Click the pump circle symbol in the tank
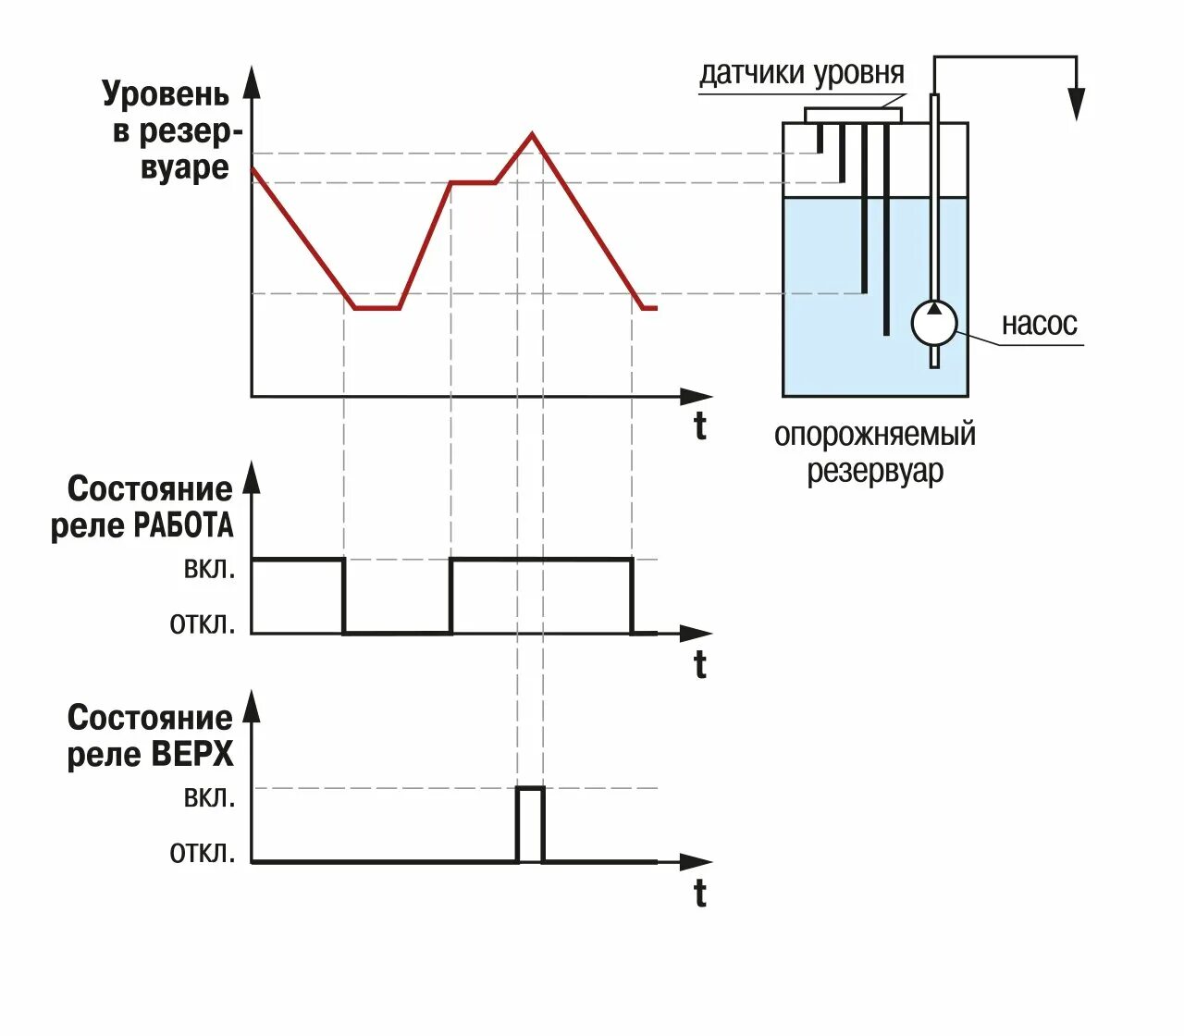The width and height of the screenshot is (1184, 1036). point(933,323)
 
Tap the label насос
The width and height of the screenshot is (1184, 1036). point(1039,324)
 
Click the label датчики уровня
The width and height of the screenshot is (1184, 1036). point(801,73)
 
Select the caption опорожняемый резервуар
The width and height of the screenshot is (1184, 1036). point(874,452)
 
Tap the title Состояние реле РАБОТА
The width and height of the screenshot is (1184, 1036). point(144,507)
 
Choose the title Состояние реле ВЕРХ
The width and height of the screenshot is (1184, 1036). point(151,735)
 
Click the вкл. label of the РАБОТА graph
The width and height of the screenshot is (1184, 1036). point(209,568)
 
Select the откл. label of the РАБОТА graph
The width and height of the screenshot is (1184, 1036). point(203,623)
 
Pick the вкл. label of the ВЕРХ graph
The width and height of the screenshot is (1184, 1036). point(209,796)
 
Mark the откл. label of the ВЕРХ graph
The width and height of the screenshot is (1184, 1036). point(203,852)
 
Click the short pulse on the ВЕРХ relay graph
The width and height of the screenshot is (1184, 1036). point(530,823)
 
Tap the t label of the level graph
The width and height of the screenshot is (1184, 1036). point(700,426)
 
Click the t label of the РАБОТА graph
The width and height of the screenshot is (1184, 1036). point(700,664)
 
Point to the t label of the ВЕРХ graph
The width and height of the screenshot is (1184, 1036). point(700,894)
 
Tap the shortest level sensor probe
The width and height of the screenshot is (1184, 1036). point(820,138)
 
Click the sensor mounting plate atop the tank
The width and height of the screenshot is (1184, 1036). point(853,115)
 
